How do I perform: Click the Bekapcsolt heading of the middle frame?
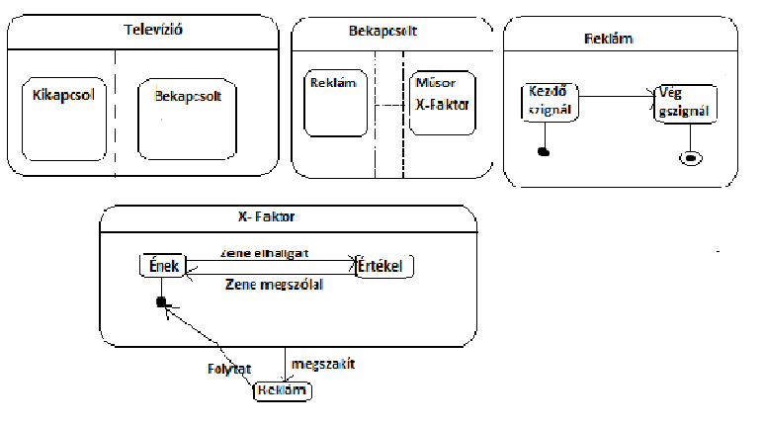(x=382, y=31)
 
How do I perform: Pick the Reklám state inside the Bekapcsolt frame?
(x=337, y=103)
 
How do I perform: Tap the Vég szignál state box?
(x=682, y=103)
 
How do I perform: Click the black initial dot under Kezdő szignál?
(x=542, y=151)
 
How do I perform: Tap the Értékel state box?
(x=384, y=266)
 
